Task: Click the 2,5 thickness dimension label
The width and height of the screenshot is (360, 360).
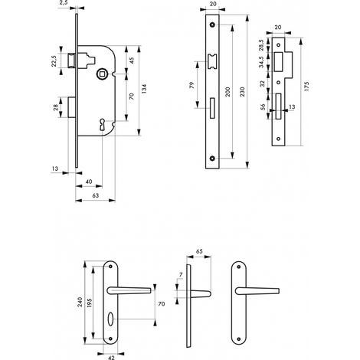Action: (64, 3)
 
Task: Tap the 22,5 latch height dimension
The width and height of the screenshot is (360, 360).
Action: (54, 61)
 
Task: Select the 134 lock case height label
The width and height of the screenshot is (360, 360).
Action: (144, 89)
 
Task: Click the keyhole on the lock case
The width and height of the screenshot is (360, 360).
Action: (102, 124)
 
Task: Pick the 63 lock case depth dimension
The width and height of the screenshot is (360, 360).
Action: (95, 195)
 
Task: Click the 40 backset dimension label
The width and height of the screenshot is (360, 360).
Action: (89, 182)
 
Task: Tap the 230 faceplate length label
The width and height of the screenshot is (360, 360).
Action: (242, 92)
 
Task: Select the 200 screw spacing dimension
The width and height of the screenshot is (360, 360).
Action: (227, 92)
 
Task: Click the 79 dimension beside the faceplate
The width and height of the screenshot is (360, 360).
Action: (192, 85)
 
